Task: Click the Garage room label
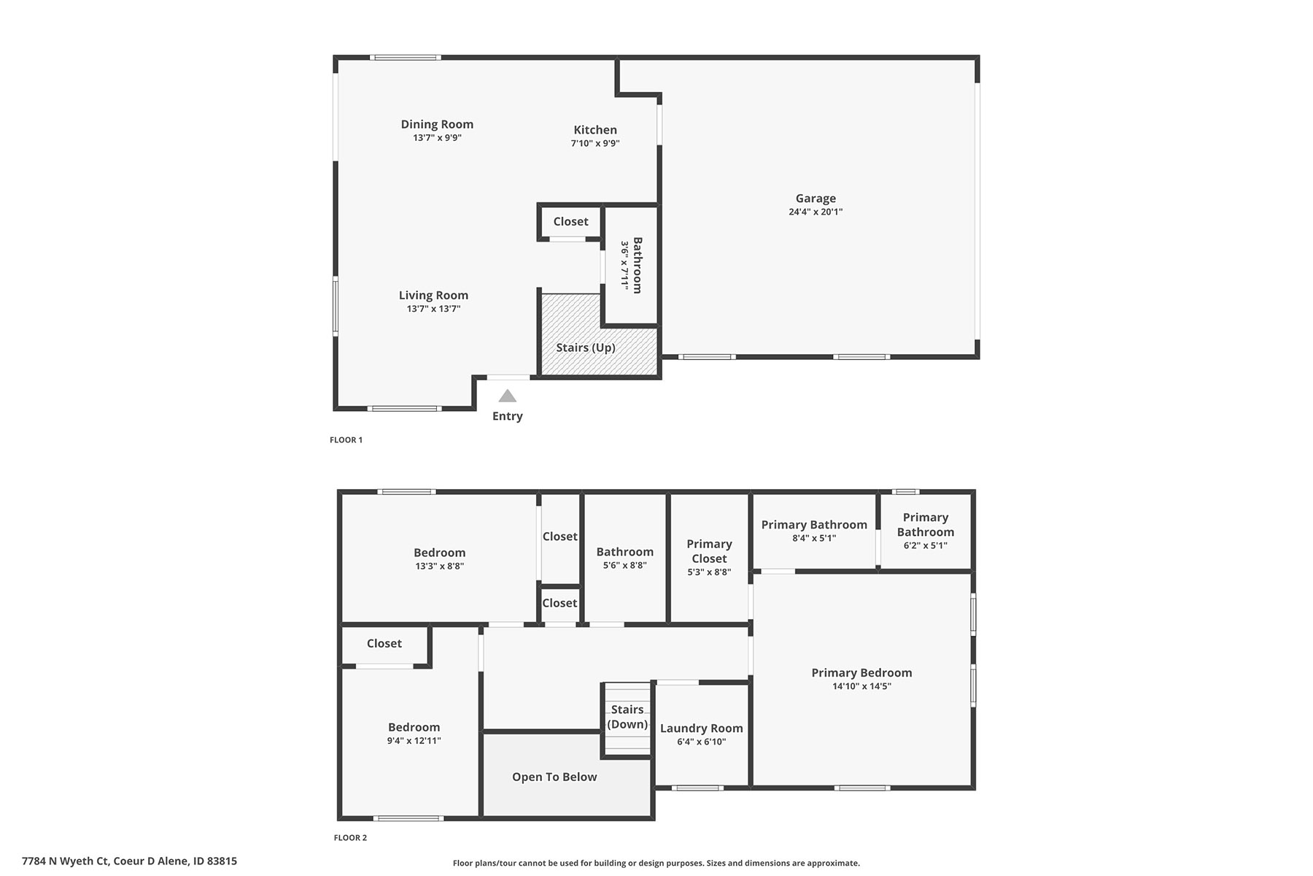816,198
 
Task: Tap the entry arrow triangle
508,396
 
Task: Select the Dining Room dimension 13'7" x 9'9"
437,137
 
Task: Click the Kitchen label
595,130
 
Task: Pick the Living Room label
433,295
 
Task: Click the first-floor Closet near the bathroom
570,221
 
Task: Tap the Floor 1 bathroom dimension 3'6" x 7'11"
625,265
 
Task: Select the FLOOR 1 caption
346,439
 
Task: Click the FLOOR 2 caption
350,837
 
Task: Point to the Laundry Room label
702,728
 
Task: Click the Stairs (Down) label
627,717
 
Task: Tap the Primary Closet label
709,551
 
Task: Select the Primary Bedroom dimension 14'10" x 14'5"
862,686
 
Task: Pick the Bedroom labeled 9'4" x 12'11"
414,727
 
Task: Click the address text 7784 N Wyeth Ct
65,861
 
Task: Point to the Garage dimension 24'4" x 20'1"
816,212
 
